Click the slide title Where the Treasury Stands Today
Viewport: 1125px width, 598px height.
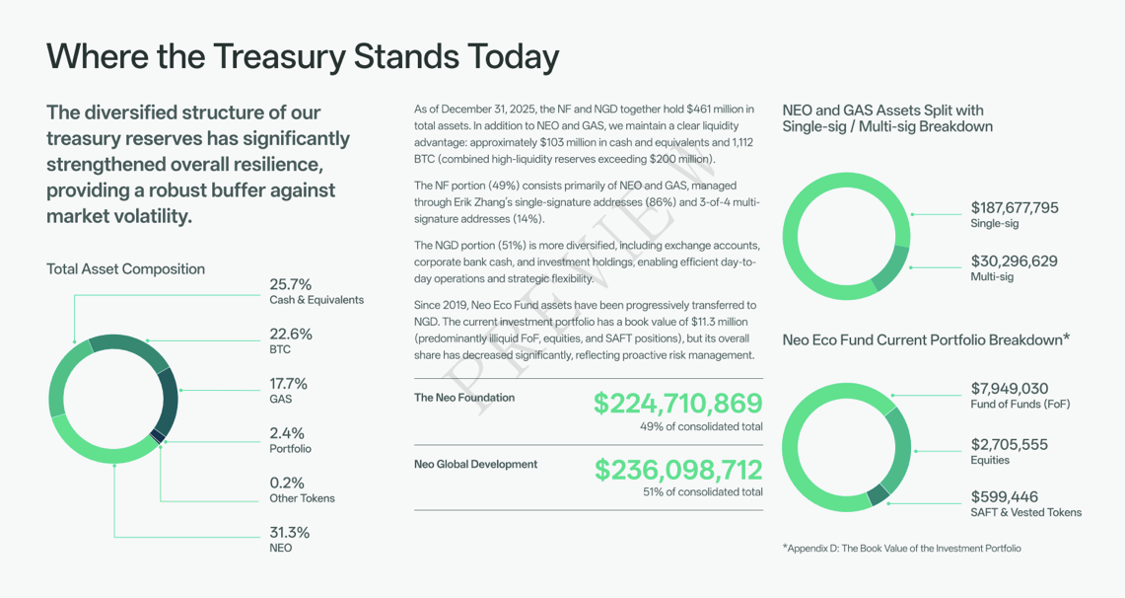pos(302,56)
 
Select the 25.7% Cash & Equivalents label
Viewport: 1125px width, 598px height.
pos(316,291)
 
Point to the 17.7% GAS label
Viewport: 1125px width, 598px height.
pos(289,391)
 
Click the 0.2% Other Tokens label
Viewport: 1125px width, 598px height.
pos(302,490)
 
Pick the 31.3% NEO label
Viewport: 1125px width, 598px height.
pos(289,540)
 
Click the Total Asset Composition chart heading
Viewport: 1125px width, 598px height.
pos(125,268)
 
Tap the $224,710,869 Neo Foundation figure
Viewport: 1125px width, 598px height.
pos(677,404)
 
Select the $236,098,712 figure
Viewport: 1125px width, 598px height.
pos(677,470)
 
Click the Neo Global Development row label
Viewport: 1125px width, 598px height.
pos(475,464)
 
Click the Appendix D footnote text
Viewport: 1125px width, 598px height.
pos(901,548)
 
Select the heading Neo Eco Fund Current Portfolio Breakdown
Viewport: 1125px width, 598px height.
pos(926,339)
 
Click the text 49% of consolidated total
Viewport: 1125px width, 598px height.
pos(701,426)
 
